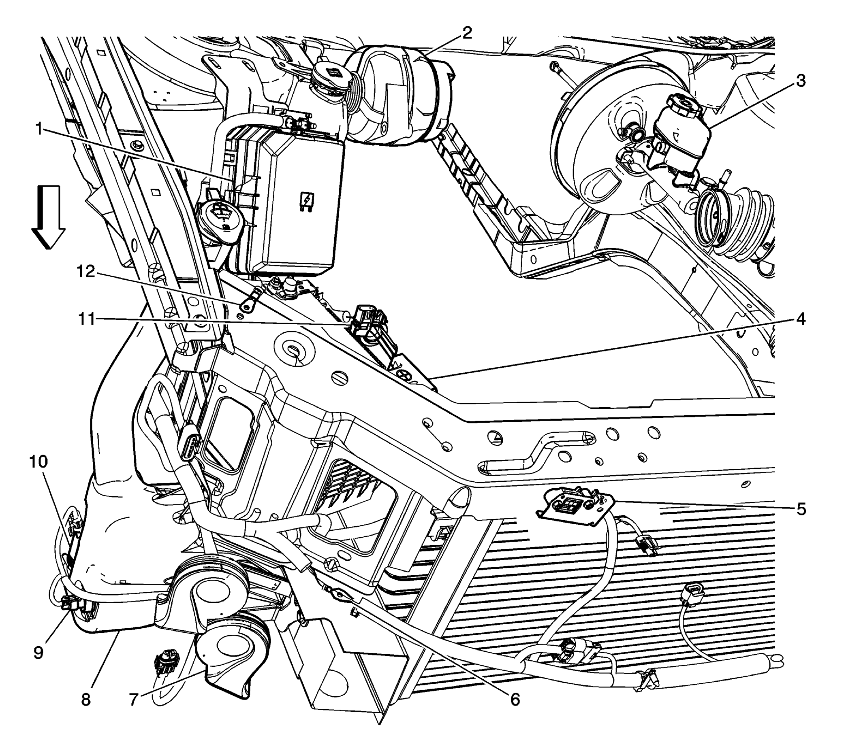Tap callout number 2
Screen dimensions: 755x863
pos(466,33)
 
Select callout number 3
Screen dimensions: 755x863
pos(800,81)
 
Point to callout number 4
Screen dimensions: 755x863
pos(800,319)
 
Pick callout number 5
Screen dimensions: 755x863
pos(800,509)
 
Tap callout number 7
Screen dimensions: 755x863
pos(134,700)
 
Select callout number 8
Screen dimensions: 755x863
pos(85,700)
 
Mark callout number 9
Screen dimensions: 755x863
pos(38,653)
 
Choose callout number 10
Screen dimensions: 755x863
pos(38,462)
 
